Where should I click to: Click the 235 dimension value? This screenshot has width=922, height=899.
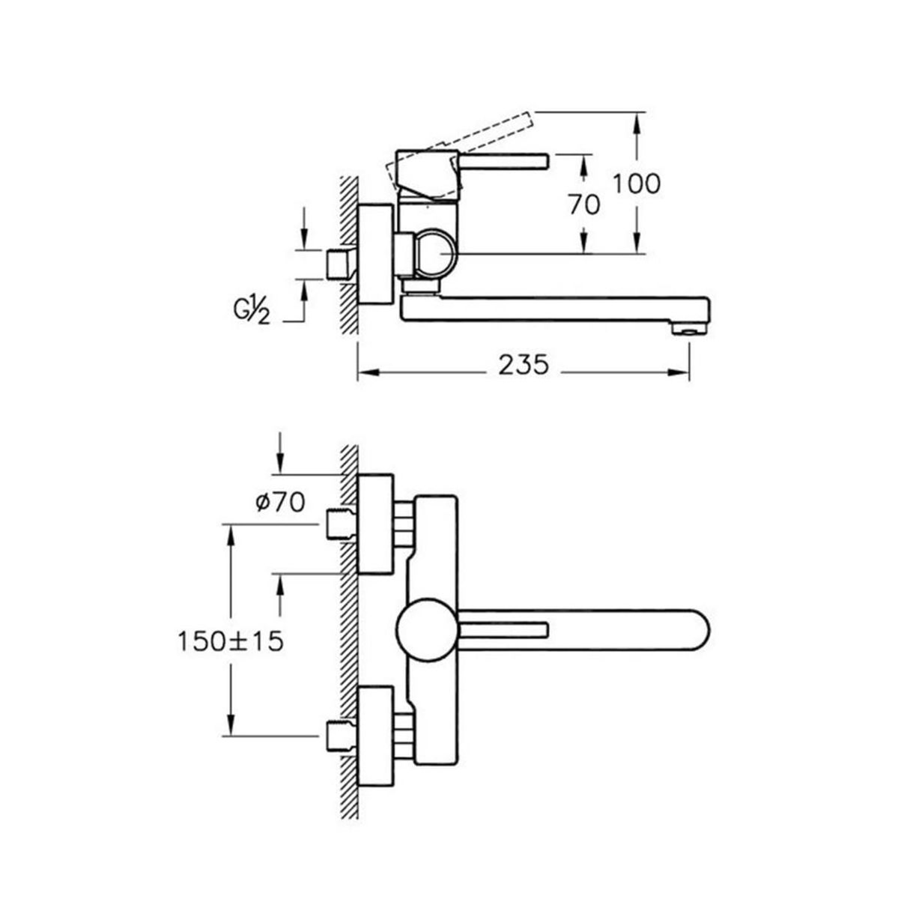[523, 365]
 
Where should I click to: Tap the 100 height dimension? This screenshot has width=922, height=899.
[637, 184]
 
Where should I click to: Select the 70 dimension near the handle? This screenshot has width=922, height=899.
[584, 205]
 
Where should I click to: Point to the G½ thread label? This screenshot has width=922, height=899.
[252, 309]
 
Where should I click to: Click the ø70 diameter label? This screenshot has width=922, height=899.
[280, 503]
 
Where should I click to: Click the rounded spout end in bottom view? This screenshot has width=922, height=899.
[697, 629]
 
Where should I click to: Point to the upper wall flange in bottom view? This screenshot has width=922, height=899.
[376, 524]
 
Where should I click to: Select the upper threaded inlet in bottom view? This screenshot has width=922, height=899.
[340, 524]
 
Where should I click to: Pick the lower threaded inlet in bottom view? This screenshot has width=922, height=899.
[340, 736]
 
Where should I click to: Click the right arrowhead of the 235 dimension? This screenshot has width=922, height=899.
[679, 372]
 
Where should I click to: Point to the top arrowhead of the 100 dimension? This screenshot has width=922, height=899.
[637, 122]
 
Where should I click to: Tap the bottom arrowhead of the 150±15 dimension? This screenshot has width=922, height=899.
[231, 725]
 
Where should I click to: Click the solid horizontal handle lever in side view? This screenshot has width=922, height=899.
[503, 161]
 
